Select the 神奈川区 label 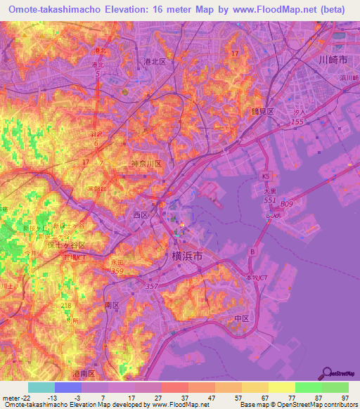point(147,164)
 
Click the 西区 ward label point(141,214)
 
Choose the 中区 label point(242,318)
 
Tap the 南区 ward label point(112,306)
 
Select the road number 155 point(297,122)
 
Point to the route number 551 point(269,200)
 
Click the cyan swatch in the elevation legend point(41,387)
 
